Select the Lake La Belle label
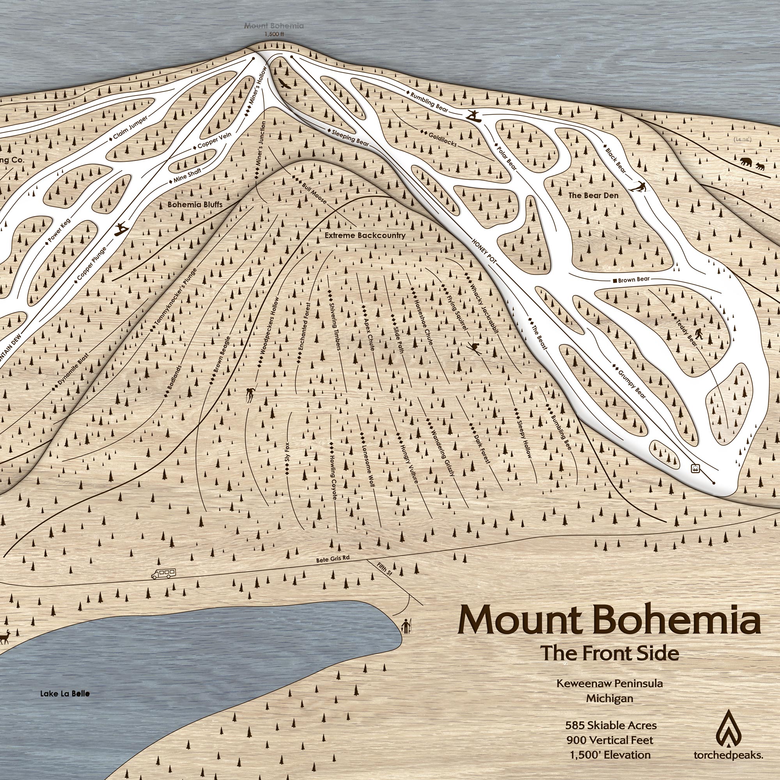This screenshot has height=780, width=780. [x=65, y=693]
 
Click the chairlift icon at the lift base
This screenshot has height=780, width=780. [x=695, y=468]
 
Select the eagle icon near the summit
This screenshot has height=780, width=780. [x=284, y=84]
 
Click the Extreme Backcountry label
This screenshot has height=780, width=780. [x=365, y=236]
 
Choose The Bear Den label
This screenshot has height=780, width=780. [x=593, y=195]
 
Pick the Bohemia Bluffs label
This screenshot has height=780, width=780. [x=195, y=204]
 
